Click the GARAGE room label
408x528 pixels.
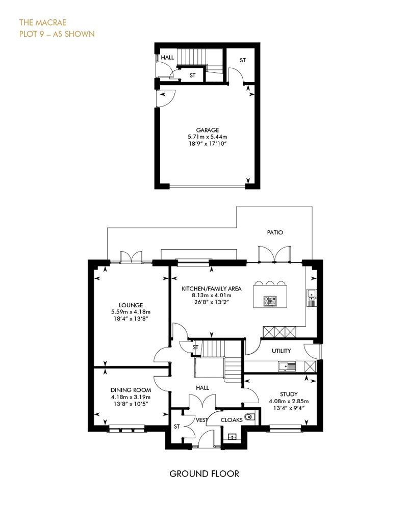(x=208, y=130)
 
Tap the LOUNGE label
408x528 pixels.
(x=131, y=305)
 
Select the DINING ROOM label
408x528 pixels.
(x=131, y=390)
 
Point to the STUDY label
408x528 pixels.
(x=289, y=394)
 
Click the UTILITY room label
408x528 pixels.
(x=282, y=351)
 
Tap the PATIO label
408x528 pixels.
(x=275, y=232)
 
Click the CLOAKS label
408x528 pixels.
(x=232, y=420)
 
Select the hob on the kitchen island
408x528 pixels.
(x=270, y=300)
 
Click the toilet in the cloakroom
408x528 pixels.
(x=250, y=417)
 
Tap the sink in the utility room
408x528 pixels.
(x=287, y=366)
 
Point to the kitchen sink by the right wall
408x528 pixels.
(x=312, y=298)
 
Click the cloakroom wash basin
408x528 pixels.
(x=232, y=437)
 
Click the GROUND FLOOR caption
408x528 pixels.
(x=204, y=474)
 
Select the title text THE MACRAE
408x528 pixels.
(x=43, y=22)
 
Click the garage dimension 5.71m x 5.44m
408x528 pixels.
(x=208, y=137)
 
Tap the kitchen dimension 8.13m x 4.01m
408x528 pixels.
(x=212, y=295)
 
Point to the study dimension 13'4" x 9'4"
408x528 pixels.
(x=289, y=408)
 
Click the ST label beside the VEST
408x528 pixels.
(x=177, y=427)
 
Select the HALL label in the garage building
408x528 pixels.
(x=167, y=57)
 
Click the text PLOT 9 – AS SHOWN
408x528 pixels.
(x=57, y=34)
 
